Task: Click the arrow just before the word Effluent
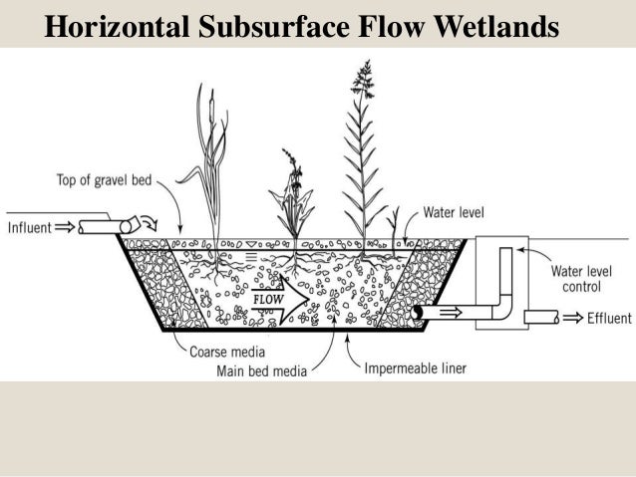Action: pos(569,318)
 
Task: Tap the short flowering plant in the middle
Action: pos(292,199)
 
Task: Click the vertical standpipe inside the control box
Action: pos(504,274)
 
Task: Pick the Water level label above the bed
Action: pos(455,212)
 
